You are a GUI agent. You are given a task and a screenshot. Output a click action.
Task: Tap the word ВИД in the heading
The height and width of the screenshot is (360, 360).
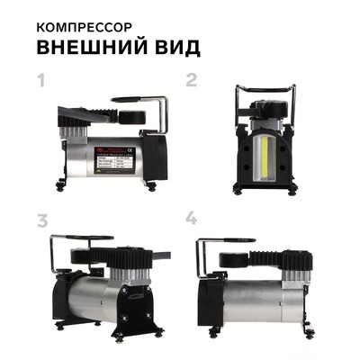169,45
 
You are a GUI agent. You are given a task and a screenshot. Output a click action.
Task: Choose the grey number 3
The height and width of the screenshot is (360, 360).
40,221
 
